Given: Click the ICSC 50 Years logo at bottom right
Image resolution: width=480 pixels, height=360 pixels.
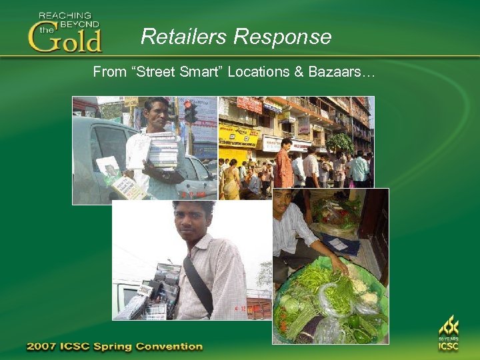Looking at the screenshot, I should click(449, 333).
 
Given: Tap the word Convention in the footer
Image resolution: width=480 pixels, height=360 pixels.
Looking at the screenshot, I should click(171, 347).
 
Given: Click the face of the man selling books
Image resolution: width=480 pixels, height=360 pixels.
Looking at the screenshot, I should click(157, 114).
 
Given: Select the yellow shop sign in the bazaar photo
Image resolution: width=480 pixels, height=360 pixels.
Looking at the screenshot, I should click(237, 136).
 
